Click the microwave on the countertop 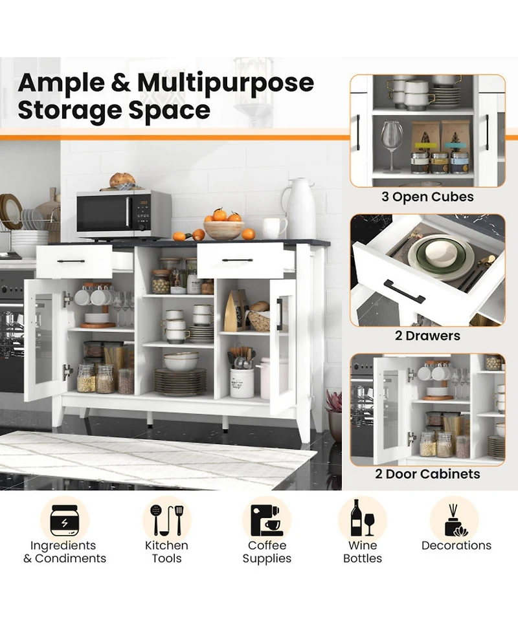click(x=124, y=213)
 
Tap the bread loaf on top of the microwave click(x=122, y=180)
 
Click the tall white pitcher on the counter click(x=299, y=208)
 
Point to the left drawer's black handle click(x=71, y=261)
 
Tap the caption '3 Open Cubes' click(x=427, y=197)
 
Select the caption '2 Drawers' click(x=427, y=335)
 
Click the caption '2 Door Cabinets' click(x=427, y=474)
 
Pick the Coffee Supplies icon click(x=266, y=520)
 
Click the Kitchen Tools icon click(x=166, y=520)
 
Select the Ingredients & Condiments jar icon click(x=65, y=520)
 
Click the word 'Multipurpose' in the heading click(x=225, y=83)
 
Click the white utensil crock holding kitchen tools click(x=242, y=383)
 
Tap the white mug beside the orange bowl click(x=275, y=228)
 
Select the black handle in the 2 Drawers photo click(x=405, y=291)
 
